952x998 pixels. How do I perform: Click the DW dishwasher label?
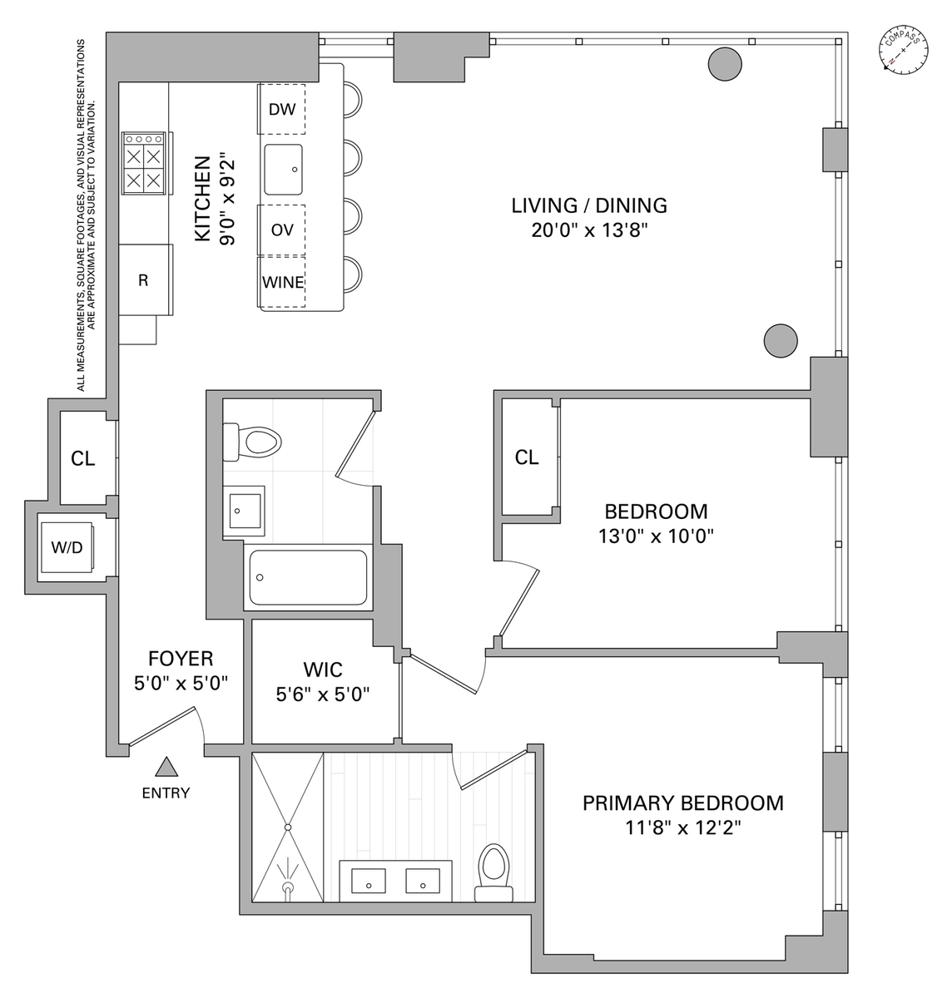282,109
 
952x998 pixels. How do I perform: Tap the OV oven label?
282,230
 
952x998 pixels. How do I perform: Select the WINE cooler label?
283,283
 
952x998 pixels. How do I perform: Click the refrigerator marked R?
144,280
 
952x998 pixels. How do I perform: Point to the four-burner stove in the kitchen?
143,166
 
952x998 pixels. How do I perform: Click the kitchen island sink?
284,170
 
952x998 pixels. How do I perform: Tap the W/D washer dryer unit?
67,548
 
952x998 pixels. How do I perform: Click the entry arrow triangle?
166,768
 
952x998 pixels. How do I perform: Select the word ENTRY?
166,793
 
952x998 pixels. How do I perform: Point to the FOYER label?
181,660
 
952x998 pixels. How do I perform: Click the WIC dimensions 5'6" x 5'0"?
323,693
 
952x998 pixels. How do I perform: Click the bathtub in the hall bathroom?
308,576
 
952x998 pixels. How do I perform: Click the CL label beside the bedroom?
527,457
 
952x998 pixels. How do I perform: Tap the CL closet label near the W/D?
82,458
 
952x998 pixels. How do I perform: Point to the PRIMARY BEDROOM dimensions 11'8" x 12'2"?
682,828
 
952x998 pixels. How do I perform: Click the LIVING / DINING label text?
589,205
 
